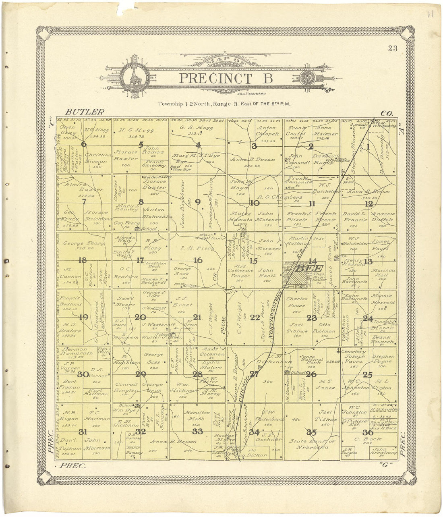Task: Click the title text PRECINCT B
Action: (x=226, y=78)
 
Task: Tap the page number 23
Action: (x=393, y=49)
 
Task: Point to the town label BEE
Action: (x=309, y=268)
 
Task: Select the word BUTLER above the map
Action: (x=85, y=112)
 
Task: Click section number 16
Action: (x=197, y=260)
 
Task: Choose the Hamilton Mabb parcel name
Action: (x=197, y=415)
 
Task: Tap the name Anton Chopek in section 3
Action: (x=266, y=131)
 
